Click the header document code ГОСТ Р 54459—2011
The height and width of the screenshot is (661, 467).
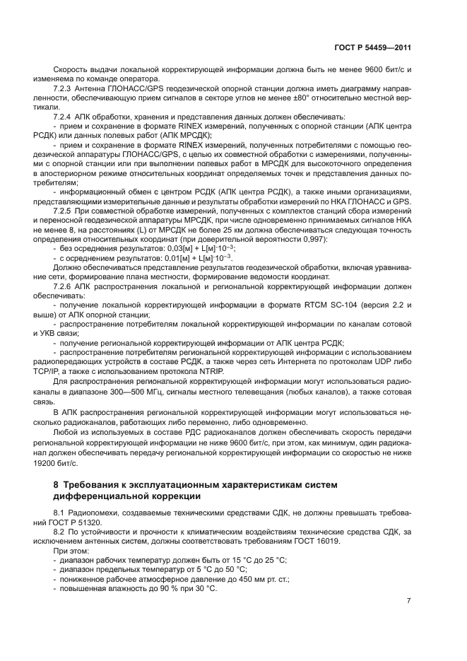click(372, 48)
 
